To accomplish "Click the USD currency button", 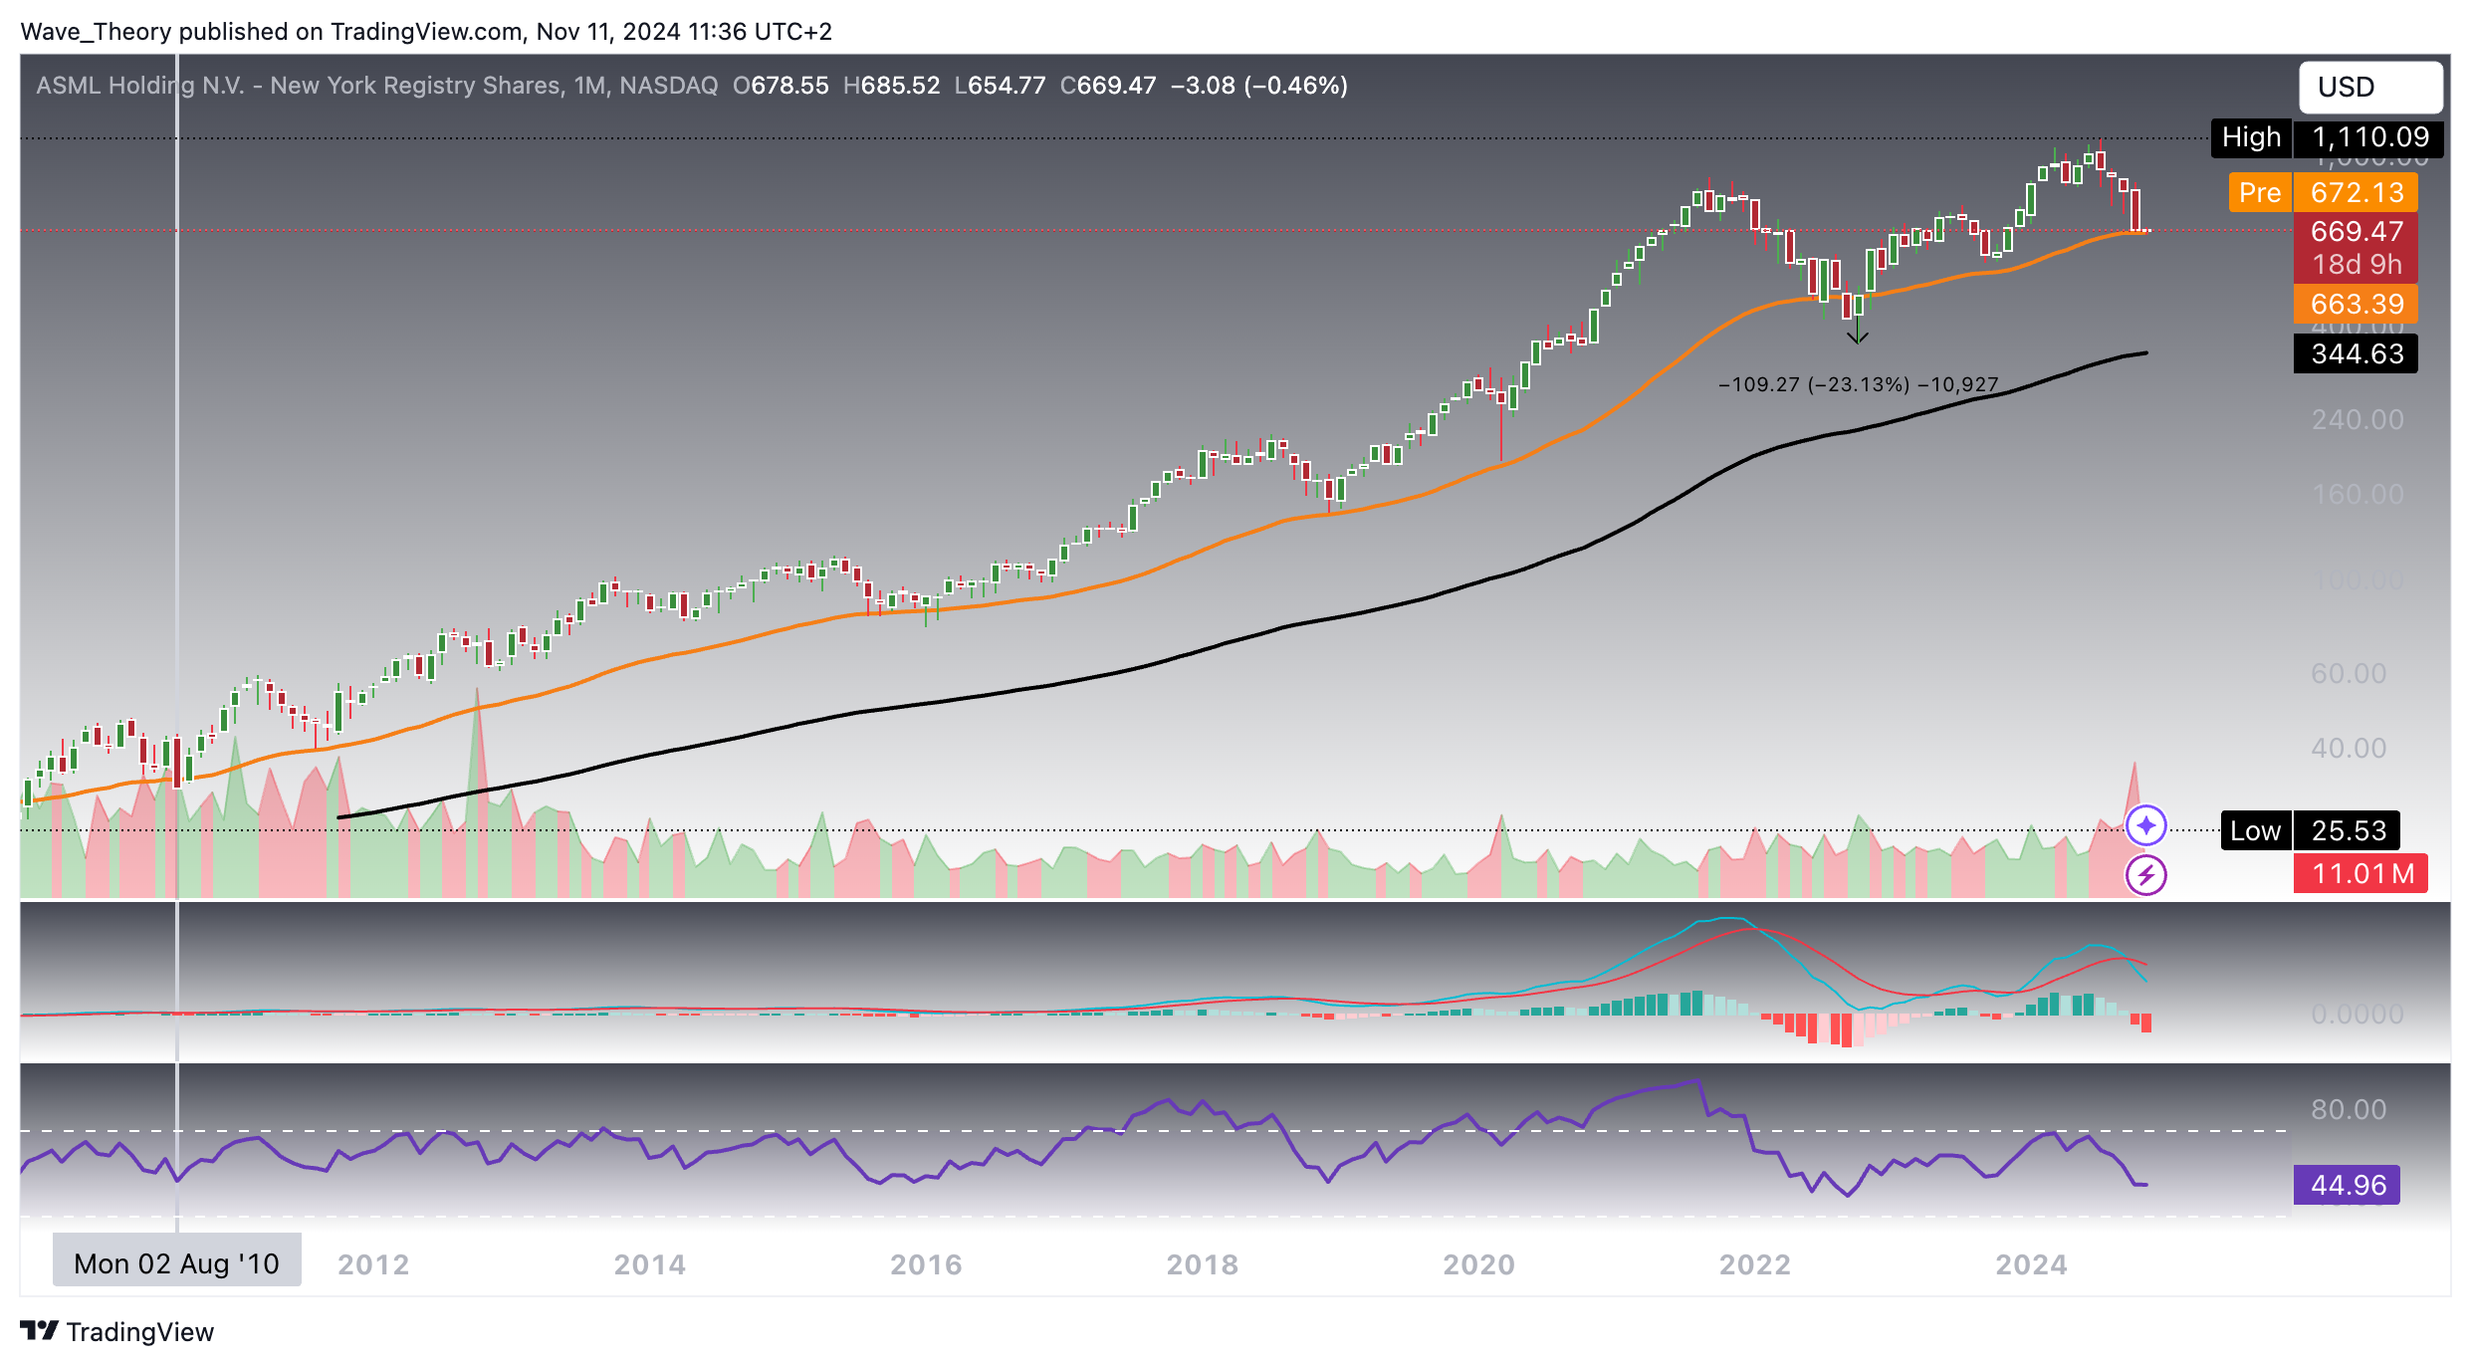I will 2368,88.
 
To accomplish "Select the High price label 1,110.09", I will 2326,137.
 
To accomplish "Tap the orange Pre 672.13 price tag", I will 2322,192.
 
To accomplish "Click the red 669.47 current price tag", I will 2356,232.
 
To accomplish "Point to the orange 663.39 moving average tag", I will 2356,304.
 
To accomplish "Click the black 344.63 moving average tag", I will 2356,353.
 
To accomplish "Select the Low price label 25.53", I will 2310,830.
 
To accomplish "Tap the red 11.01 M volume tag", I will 2360,874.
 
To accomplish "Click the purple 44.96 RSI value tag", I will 2347,1185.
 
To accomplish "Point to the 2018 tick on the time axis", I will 1202,1264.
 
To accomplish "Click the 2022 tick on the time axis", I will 1754,1264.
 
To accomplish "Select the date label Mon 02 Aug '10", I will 176,1263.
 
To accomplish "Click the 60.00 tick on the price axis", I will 2348,674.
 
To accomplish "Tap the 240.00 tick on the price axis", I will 2357,420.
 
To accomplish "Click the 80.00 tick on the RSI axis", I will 2348,1110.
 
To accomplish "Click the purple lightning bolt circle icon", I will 2145,875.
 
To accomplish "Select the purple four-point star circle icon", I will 2145,825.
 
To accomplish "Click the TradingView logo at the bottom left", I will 117,1331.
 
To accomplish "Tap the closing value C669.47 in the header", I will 1107,86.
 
